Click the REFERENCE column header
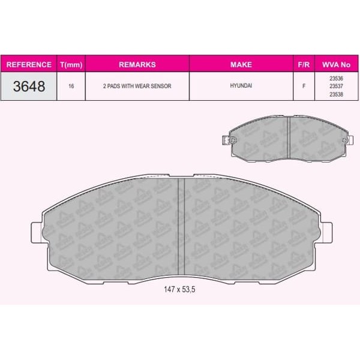29,65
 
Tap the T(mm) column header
71,65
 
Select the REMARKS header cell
137,65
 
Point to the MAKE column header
241,65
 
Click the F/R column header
304,65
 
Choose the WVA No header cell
337,65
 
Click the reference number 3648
29,86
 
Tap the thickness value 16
71,86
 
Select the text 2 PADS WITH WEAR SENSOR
137,86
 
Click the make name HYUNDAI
241,86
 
